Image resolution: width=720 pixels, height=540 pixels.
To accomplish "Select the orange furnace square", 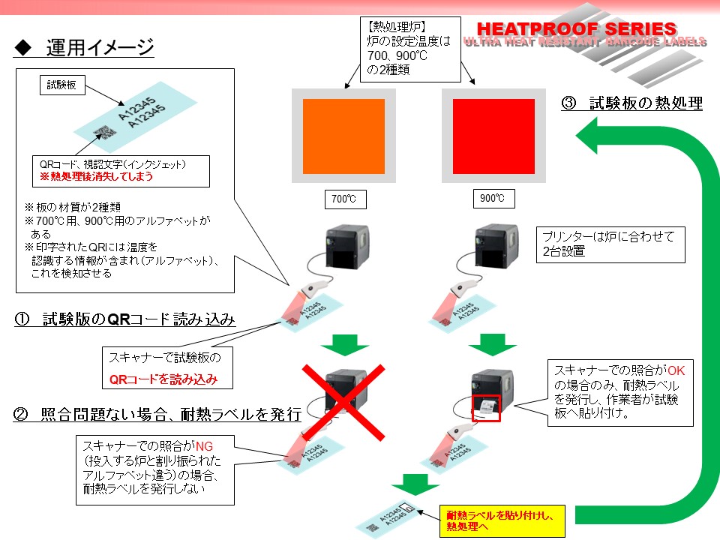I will point(343,136).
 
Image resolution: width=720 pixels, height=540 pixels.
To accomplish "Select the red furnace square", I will point(493,136).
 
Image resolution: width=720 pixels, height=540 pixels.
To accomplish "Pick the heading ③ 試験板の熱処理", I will point(632,104).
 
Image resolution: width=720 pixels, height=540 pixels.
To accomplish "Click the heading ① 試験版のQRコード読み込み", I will point(126,320).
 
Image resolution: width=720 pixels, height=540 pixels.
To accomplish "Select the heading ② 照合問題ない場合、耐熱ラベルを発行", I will point(158,414).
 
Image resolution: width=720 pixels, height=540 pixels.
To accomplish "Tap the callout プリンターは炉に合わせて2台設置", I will point(610,244).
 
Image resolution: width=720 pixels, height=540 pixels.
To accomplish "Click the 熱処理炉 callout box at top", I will point(409,49).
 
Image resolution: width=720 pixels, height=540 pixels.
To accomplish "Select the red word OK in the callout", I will point(677,370).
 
